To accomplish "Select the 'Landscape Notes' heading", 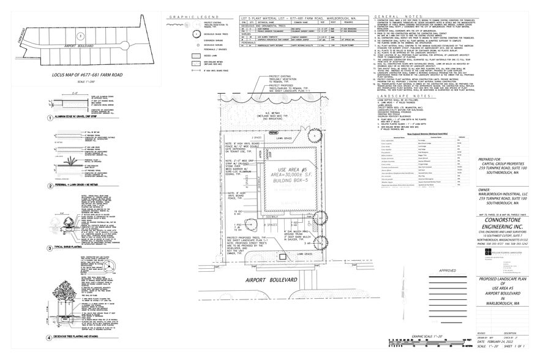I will coord(402,97).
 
